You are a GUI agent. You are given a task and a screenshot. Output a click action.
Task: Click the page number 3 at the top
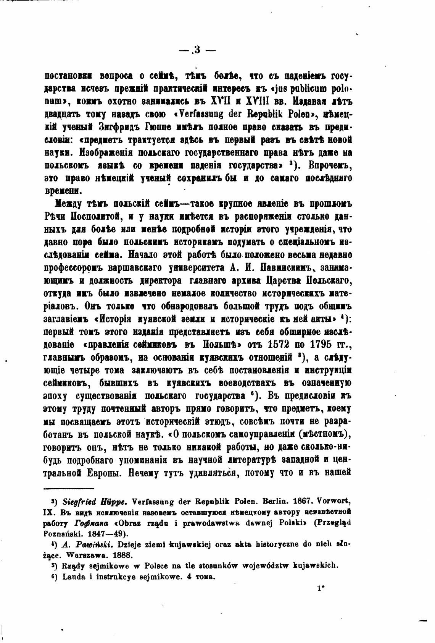197,50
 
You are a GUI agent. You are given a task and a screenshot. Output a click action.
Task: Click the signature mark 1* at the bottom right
320,599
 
